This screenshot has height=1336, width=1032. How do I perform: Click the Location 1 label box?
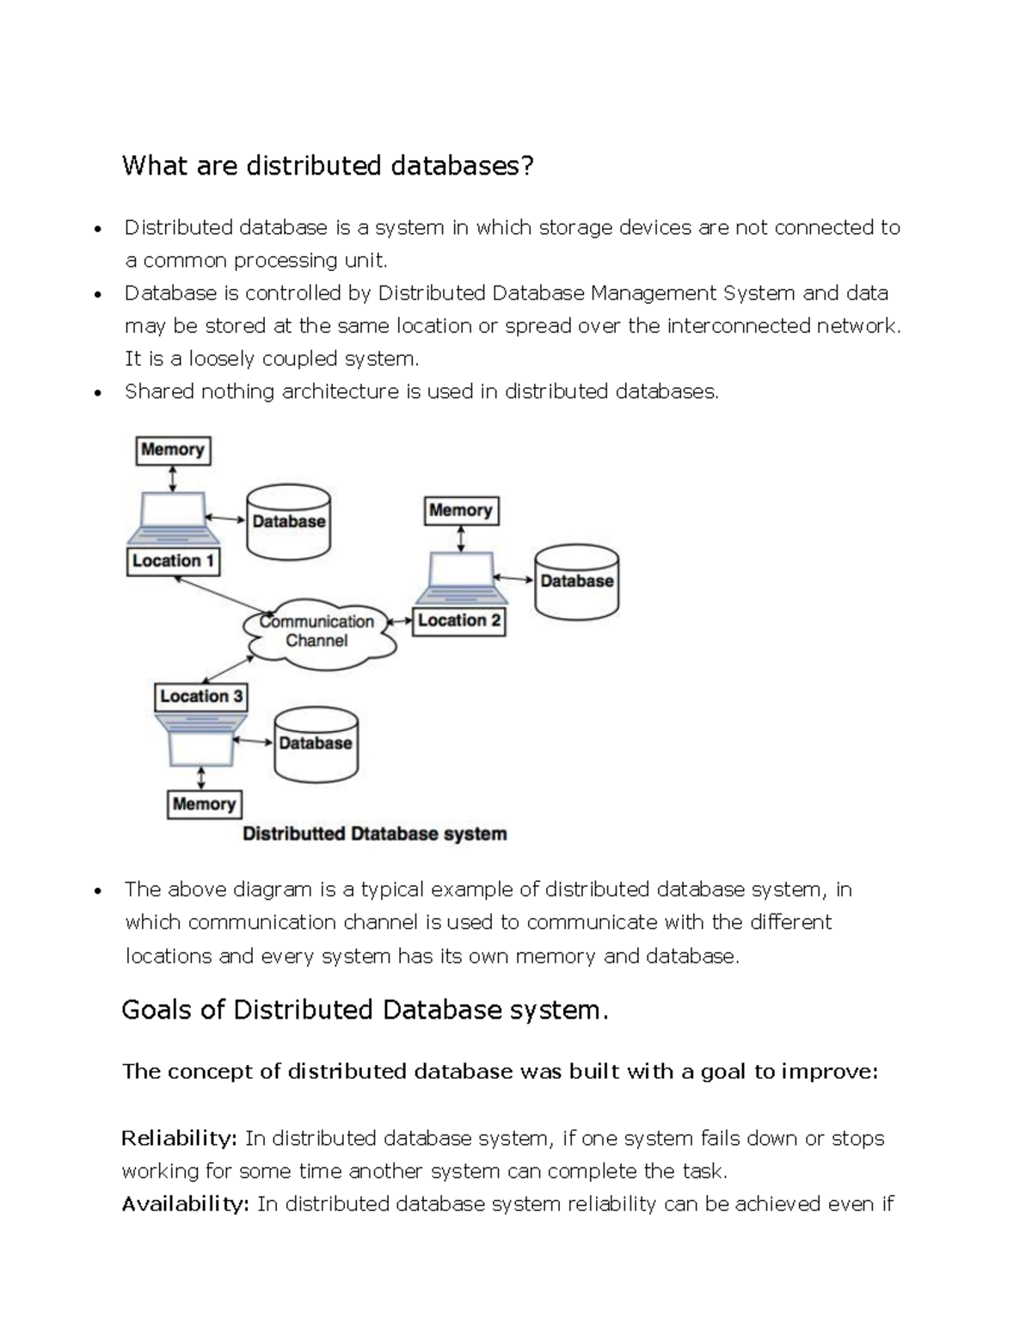click(173, 562)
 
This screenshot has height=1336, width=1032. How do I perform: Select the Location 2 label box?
click(459, 621)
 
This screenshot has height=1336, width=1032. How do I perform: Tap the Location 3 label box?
click(201, 697)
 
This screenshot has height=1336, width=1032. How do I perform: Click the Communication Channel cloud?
click(317, 632)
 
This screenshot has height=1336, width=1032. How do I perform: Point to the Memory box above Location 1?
click(173, 450)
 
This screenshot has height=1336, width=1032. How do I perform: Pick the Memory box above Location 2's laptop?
click(461, 511)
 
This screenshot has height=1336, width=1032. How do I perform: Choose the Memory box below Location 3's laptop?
click(204, 804)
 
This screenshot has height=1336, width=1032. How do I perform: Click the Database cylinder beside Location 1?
click(288, 521)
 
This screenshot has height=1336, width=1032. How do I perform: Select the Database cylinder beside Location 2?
click(576, 581)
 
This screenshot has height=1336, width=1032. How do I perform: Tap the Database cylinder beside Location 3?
click(316, 743)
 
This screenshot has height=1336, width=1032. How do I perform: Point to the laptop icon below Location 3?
click(201, 738)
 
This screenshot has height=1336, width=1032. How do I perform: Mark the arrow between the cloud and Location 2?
click(400, 621)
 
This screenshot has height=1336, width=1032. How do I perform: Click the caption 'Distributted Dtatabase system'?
click(374, 834)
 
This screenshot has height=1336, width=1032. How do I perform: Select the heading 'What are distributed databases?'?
click(328, 165)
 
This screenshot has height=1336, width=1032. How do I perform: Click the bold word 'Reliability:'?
click(179, 1139)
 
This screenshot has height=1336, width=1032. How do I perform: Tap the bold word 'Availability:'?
click(185, 1204)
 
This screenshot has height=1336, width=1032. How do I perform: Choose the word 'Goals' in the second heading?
click(157, 1010)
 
